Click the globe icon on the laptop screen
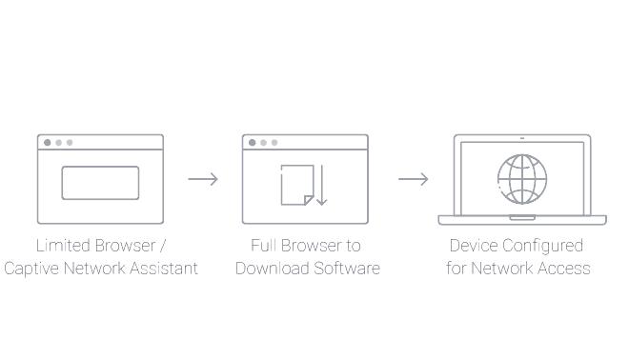pyautogui.click(x=522, y=178)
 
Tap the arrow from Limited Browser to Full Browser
pyautogui.click(x=203, y=179)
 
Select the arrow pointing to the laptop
pyautogui.click(x=413, y=179)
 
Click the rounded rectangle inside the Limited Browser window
pyautogui.click(x=100, y=183)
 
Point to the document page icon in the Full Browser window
pyautogui.click(x=295, y=185)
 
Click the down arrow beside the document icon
pyautogui.click(x=320, y=185)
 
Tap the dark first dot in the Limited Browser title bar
pyautogui.click(x=48, y=143)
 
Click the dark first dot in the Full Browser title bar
pyautogui.click(x=253, y=143)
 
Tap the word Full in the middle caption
pyautogui.click(x=264, y=246)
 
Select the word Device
pyautogui.click(x=475, y=246)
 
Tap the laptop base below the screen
pyautogui.click(x=522, y=220)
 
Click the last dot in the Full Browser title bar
pyautogui.click(x=274, y=143)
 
